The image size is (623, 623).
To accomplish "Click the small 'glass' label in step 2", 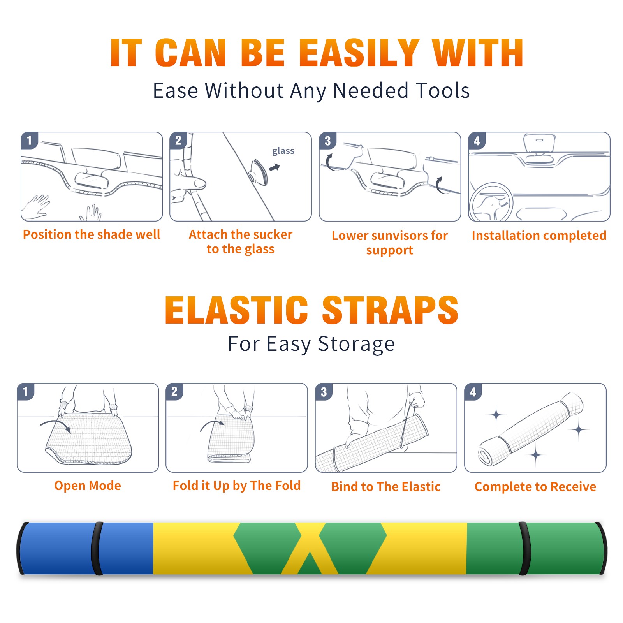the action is tap(283, 151).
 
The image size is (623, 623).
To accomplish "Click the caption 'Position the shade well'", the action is tap(92, 234).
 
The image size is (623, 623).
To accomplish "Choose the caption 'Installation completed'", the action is tap(539, 236).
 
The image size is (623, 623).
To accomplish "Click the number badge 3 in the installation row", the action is tap(327, 141).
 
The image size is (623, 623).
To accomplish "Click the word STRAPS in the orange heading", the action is tap(390, 310).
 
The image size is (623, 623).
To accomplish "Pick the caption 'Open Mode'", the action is tap(88, 486).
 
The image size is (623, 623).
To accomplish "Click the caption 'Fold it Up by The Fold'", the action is tap(237, 486).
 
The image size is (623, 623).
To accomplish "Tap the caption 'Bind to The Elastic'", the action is tap(386, 487).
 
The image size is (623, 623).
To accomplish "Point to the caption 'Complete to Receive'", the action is tap(535, 487).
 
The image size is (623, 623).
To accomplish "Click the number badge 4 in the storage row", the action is tap(473, 392).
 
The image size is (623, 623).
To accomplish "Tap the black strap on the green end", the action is tap(524, 549).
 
